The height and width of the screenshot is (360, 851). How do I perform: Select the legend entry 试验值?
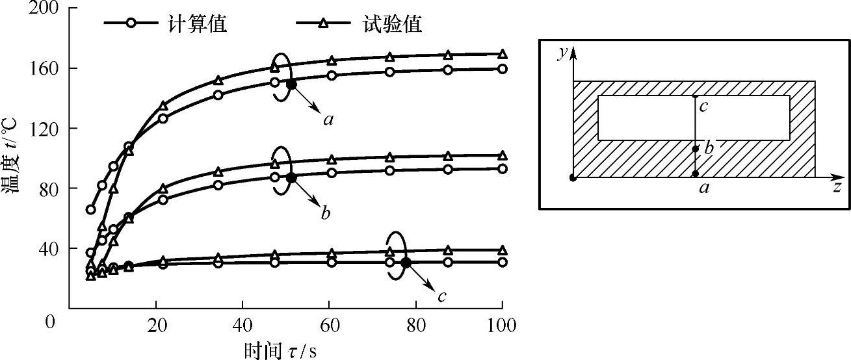390,24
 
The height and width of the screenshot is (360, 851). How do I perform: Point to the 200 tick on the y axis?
42,9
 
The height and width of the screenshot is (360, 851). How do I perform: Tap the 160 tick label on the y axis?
42,68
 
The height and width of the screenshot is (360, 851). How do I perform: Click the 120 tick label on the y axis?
42,128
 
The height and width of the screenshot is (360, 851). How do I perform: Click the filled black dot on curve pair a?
291,84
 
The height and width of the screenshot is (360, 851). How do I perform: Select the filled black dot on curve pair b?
291,177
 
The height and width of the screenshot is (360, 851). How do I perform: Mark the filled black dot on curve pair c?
406,263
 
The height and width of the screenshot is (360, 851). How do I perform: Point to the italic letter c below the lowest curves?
441,297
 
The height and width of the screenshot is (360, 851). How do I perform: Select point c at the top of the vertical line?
695,96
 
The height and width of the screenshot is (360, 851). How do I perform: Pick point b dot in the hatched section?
695,149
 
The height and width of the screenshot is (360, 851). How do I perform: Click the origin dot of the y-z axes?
573,177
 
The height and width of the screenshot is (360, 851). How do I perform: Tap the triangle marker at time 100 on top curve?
502,55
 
